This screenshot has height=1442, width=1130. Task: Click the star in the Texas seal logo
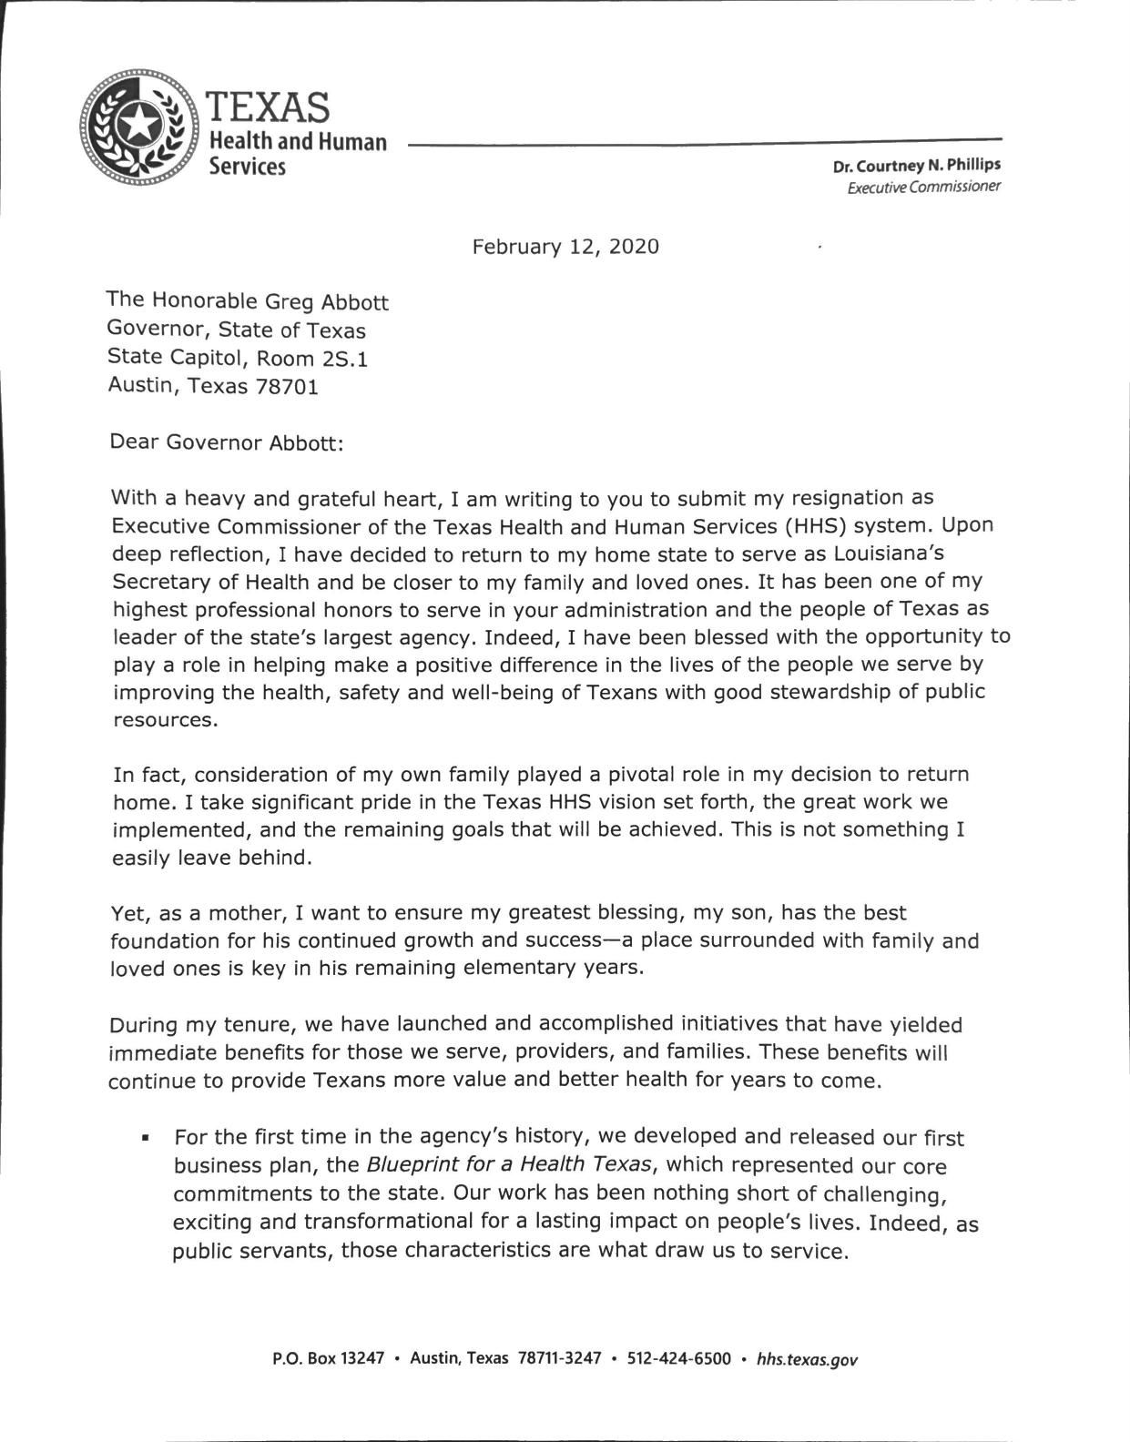(x=139, y=125)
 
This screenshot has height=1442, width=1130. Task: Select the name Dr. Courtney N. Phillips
(x=916, y=166)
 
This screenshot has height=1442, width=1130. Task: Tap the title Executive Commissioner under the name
(x=923, y=188)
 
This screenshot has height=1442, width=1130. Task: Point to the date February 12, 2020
(x=565, y=247)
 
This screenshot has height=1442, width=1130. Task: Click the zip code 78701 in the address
(x=287, y=387)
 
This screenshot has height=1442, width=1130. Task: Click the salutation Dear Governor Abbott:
(x=227, y=442)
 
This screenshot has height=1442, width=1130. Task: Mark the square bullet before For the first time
(x=145, y=1139)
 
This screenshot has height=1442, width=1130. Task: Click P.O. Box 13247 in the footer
(x=328, y=1359)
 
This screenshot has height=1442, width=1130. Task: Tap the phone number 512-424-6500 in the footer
(x=679, y=1359)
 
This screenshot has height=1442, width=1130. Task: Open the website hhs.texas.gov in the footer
(x=807, y=1360)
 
